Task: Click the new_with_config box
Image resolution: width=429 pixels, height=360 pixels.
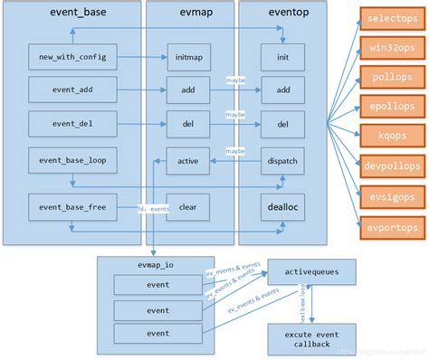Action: pyautogui.click(x=72, y=56)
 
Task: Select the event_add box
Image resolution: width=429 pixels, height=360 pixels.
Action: pyautogui.click(x=72, y=90)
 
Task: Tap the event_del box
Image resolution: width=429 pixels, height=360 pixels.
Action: pyautogui.click(x=72, y=124)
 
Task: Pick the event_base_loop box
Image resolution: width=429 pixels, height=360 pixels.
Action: pyautogui.click(x=72, y=159)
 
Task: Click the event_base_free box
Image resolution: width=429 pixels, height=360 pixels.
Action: pyautogui.click(x=72, y=206)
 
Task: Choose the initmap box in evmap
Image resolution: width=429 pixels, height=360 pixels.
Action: pyautogui.click(x=189, y=56)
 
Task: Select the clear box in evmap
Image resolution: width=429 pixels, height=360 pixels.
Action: pyautogui.click(x=189, y=206)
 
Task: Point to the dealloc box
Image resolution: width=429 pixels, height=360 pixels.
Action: pyautogui.click(x=283, y=206)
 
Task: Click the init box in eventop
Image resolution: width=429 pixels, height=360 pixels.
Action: pyautogui.click(x=283, y=56)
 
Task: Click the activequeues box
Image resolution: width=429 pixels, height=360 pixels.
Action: pyautogui.click(x=311, y=270)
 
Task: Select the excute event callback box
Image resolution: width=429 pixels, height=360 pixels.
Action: pyautogui.click(x=311, y=339)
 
